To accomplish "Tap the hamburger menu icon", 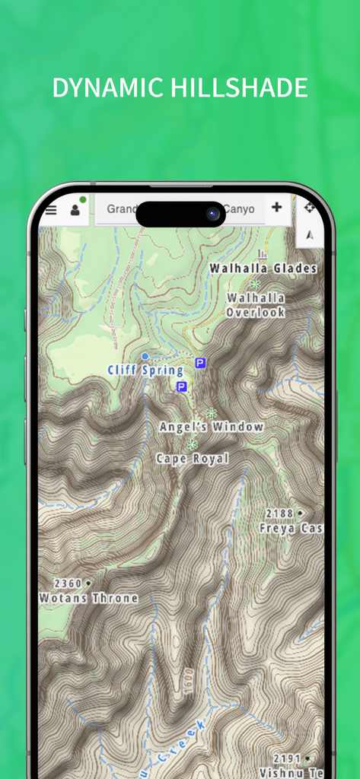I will coord(51,210).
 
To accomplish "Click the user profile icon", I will coord(75,210).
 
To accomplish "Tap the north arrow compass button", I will coord(308,236).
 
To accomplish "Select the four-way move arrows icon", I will coord(308,208).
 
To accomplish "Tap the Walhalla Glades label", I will coord(263,269).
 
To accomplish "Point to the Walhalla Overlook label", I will coord(255,305).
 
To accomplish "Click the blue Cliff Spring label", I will coord(145,370).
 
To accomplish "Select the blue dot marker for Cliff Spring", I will coord(145,355).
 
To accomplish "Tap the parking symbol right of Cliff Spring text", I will coord(200,364).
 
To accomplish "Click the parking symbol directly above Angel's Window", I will coord(181,386).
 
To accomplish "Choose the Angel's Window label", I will coord(212,427).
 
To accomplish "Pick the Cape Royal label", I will coord(192,459).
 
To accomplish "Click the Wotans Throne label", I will coord(88,599).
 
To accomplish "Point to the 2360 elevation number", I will coord(68,583).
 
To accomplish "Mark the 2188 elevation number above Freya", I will coord(280,514).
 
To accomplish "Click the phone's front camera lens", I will coord(213,214).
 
